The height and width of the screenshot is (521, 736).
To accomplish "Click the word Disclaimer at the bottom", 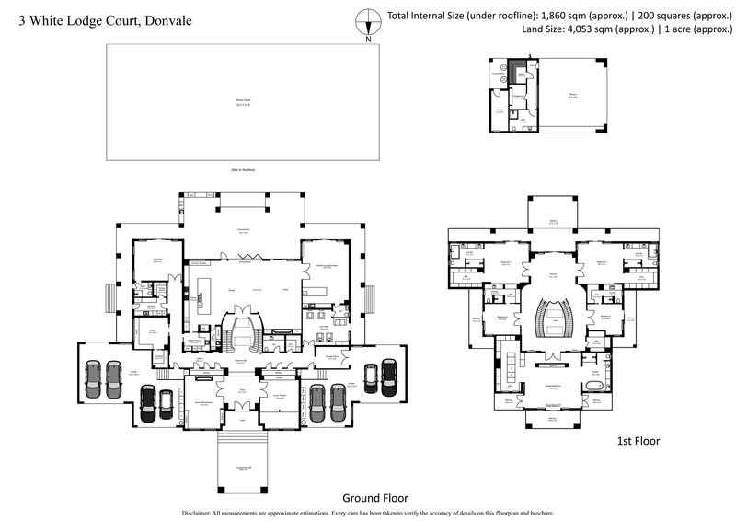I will pyautogui.click(x=201, y=513).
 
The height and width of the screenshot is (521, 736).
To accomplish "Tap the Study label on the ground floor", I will pyautogui.click(x=152, y=331).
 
